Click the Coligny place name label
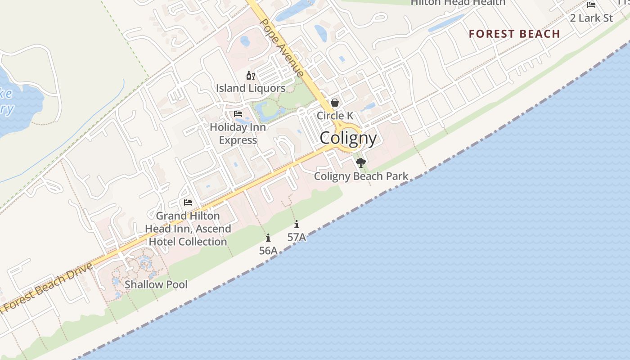coord(348,138)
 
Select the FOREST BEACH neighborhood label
coord(514,34)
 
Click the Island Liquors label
coord(251,88)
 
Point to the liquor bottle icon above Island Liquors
coord(250,75)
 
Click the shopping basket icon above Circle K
coord(335,103)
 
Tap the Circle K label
coord(335,116)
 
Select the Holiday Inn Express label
coord(238,134)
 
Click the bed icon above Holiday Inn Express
coord(238,114)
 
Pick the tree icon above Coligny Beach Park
coord(360,163)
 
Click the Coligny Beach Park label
coord(361,176)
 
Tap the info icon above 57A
coord(297,224)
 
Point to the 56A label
coord(268,251)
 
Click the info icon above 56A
coord(268,238)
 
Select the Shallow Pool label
coord(156,284)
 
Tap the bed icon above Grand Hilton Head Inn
coord(188,202)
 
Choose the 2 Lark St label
coord(591,18)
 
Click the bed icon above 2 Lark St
coord(591,5)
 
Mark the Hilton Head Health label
coord(458,3)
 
